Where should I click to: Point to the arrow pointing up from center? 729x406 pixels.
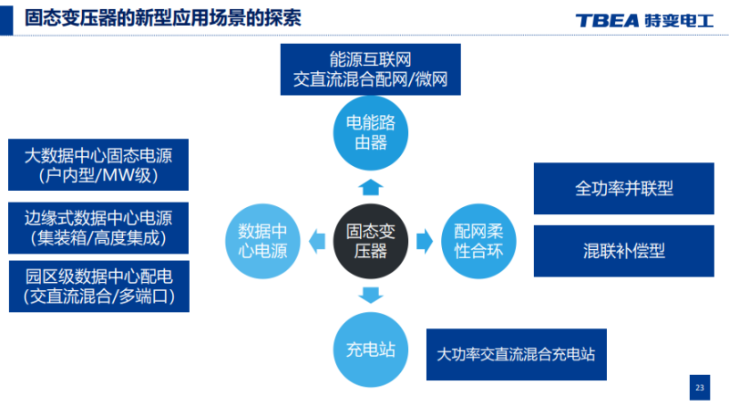(x=368, y=188)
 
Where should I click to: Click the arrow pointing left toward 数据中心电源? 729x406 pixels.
(x=315, y=242)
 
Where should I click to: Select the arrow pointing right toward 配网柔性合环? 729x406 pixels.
(x=424, y=242)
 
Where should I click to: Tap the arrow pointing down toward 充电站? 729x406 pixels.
(x=369, y=295)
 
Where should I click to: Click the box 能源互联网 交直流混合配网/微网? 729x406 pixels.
(x=370, y=70)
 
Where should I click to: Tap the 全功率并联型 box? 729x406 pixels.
(x=623, y=189)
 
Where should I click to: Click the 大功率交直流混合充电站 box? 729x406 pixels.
(x=516, y=354)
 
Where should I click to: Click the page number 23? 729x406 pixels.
(x=699, y=388)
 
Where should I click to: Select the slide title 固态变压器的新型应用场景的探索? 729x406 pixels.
(x=163, y=18)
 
